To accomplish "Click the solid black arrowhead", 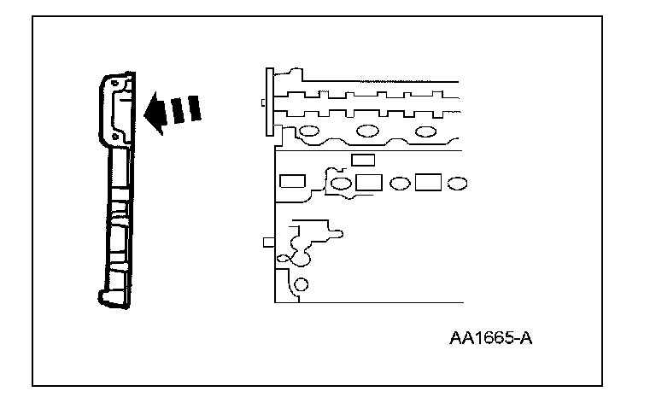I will click(155, 114).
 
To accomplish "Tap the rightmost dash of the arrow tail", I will click(196, 108).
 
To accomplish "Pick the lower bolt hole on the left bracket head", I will click(115, 135).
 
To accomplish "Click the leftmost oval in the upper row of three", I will click(308, 132).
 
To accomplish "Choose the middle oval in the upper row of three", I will click(367, 132).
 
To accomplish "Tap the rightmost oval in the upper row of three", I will click(425, 132).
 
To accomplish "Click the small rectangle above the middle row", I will click(363, 160).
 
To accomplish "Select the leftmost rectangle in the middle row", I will click(292, 182).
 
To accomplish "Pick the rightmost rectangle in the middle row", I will click(428, 183).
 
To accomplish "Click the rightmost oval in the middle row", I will click(458, 184).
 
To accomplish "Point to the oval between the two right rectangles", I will click(398, 184).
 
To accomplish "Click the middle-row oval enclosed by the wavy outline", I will click(341, 184).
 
